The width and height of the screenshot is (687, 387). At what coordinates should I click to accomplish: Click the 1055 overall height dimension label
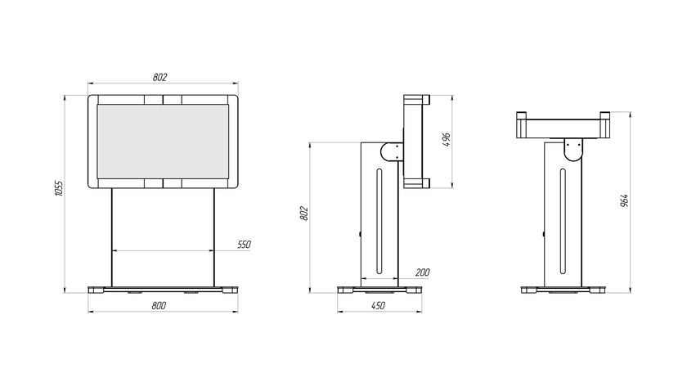[x=59, y=188]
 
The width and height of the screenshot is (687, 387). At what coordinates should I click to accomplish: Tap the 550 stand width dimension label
[x=244, y=245]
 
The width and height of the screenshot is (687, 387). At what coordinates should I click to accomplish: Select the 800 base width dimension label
[x=159, y=305]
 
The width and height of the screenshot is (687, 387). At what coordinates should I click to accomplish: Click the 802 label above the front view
[x=160, y=77]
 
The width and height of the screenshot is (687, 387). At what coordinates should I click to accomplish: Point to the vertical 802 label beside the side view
[x=304, y=214]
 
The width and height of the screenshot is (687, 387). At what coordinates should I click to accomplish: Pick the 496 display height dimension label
[x=447, y=139]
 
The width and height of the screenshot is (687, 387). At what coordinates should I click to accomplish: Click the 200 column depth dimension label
[x=422, y=272]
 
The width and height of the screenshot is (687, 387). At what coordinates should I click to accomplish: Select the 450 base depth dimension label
[x=378, y=305]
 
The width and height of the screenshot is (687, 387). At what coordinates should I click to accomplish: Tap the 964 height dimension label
[x=624, y=200]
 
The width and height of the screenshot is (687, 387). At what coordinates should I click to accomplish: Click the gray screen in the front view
[x=163, y=141]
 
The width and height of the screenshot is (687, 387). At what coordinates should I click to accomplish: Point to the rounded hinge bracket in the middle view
[x=391, y=152]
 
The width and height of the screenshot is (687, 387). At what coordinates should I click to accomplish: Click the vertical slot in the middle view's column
[x=379, y=222]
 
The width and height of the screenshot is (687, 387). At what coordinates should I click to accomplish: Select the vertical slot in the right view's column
[x=563, y=222]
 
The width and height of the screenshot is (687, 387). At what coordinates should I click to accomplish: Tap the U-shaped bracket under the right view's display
[x=573, y=150]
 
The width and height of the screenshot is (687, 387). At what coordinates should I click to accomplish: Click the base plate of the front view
[x=163, y=290]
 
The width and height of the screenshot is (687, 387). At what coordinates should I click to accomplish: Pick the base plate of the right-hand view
[x=563, y=290]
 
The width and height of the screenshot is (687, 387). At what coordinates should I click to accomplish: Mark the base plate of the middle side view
[x=379, y=290]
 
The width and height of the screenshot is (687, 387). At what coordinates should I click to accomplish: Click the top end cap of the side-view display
[x=416, y=99]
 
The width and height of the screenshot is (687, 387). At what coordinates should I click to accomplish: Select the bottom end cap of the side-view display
[x=416, y=183]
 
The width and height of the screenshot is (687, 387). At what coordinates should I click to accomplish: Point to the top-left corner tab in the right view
[x=522, y=115]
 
